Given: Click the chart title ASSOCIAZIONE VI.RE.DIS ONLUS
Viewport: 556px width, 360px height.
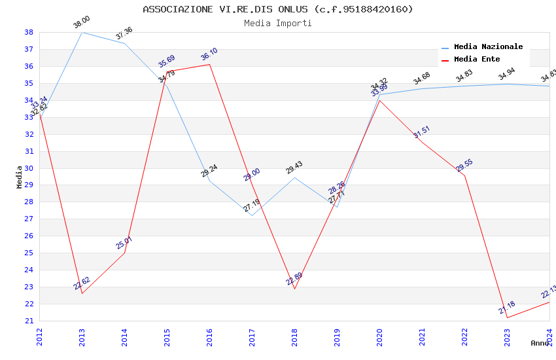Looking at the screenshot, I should pos(278,9).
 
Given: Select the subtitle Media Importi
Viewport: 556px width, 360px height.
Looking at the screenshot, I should pos(278,24).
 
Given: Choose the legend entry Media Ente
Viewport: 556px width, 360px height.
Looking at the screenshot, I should pos(477,59).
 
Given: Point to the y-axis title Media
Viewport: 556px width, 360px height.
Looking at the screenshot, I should pos(20,177).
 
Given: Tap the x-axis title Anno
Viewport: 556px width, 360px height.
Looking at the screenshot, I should pos(540,343).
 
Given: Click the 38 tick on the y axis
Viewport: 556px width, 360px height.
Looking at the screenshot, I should pos(29,32).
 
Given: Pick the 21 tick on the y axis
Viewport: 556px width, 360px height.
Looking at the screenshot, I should pos(29,321).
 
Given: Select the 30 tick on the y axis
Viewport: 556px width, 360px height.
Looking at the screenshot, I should pos(29,168).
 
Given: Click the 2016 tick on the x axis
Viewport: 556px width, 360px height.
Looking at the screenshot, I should pos(209,336).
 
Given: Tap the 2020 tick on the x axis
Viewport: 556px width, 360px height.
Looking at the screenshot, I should pos(379,336).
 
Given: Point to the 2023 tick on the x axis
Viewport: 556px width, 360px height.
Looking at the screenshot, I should pos(507,336).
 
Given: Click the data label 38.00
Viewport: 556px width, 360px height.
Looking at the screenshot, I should pos(82,23).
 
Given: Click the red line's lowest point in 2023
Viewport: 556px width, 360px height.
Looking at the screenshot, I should pos(507,317).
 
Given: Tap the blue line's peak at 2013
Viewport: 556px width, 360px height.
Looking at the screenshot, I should pos(82,32).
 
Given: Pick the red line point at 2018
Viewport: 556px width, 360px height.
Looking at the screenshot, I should pos(294,289).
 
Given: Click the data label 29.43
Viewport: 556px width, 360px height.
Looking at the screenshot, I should pos(294,168).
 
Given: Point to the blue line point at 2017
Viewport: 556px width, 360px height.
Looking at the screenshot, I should pos(252,216).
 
